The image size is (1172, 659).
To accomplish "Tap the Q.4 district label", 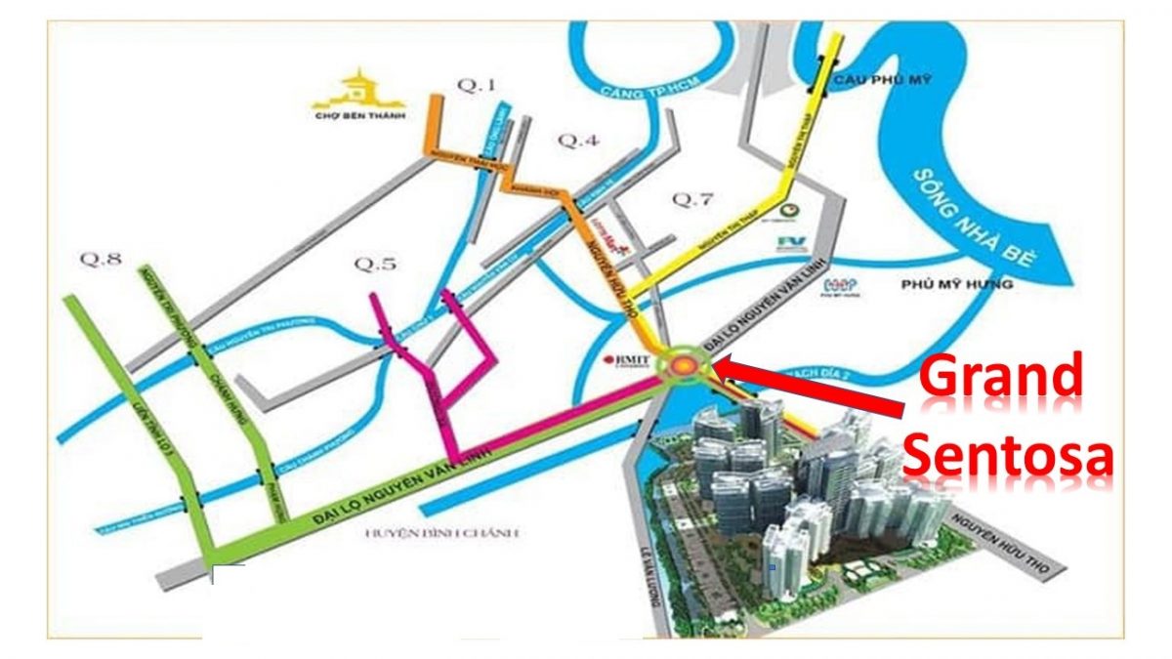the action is click(x=577, y=141).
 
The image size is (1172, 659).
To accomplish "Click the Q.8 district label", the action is click(x=101, y=259).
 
